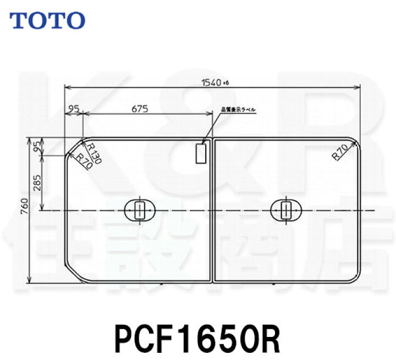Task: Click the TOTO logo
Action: coord(48,20)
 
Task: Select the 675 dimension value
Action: coord(140,108)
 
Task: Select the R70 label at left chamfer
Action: coord(83,161)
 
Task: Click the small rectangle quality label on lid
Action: coord(201,153)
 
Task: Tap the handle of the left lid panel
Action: coord(140,210)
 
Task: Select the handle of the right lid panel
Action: coord(286,210)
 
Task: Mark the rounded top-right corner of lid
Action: coord(356,142)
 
